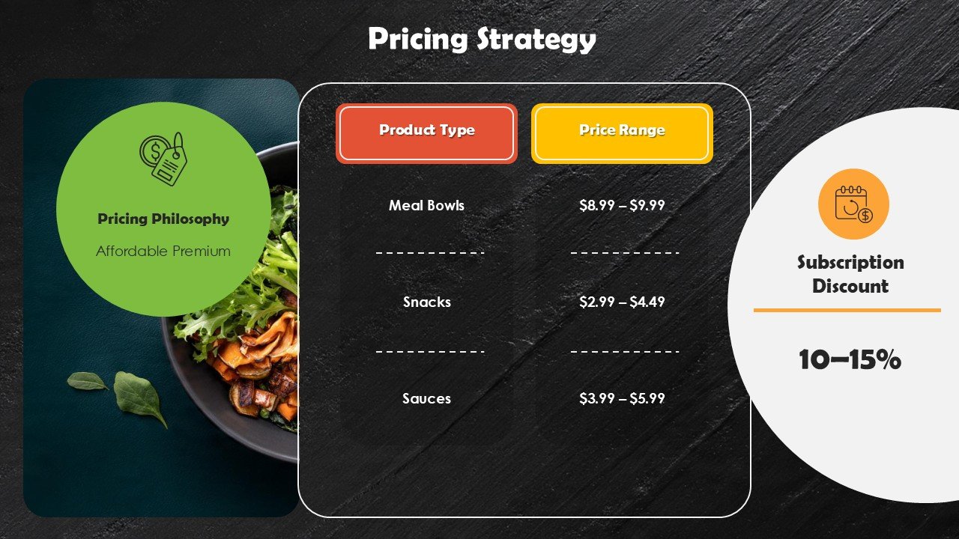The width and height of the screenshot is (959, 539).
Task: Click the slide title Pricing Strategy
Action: (482, 40)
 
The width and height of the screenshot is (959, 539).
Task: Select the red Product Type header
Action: (426, 131)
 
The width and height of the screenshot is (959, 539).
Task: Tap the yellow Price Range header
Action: (622, 131)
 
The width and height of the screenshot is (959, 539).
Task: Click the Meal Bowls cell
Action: (426, 205)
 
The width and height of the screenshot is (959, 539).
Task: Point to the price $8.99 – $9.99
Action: (622, 205)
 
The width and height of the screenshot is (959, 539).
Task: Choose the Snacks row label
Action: (426, 302)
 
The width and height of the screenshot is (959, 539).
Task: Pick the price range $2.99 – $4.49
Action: (622, 302)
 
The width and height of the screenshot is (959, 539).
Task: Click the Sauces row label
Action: (426, 398)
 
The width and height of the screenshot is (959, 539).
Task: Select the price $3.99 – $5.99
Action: (622, 398)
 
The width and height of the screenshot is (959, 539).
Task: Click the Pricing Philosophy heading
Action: (163, 219)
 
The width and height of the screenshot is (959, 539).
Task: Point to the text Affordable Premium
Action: (163, 252)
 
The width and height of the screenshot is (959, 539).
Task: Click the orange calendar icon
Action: (853, 204)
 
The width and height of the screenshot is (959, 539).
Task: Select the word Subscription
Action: (850, 263)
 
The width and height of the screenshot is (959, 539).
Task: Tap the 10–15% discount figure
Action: (850, 360)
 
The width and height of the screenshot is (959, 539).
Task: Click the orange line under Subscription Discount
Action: (847, 310)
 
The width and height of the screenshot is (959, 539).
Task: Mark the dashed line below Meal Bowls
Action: (430, 253)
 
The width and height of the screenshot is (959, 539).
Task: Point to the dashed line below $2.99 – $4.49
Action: (625, 350)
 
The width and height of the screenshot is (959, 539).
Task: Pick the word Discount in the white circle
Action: (850, 287)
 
